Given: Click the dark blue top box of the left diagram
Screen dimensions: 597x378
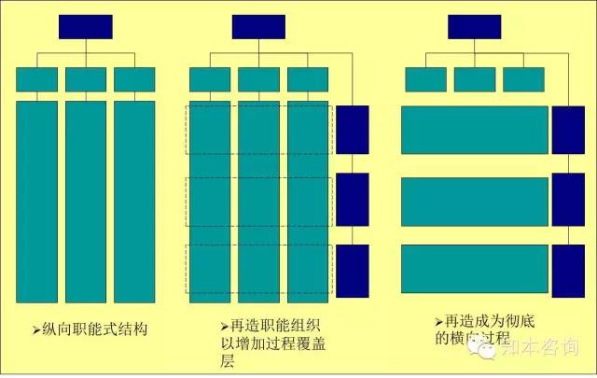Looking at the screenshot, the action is point(86,27).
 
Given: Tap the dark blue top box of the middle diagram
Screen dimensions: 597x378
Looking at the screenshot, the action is point(258,27).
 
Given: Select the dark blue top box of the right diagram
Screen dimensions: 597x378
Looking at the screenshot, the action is point(475,27).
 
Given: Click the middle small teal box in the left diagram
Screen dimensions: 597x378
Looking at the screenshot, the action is point(86,79).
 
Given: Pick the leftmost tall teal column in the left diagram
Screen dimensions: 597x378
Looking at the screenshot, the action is point(36,201).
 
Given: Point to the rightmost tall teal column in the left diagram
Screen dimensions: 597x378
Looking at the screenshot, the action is point(134,201).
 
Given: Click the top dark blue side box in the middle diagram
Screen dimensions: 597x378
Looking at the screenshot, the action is point(353,130).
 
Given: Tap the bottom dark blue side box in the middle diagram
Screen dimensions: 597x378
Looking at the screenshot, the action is point(353,269).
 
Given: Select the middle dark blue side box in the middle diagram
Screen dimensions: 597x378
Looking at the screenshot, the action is point(353,199).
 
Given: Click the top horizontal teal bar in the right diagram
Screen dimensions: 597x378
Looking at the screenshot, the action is point(475,130).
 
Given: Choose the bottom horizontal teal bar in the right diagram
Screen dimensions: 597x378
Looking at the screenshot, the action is point(475,269).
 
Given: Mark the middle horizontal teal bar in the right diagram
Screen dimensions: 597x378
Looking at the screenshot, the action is point(475,201).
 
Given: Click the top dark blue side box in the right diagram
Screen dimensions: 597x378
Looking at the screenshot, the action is point(568,130).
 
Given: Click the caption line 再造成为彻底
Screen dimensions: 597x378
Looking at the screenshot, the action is point(484,318).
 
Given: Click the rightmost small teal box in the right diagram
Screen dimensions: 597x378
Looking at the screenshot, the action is point(523,79).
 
